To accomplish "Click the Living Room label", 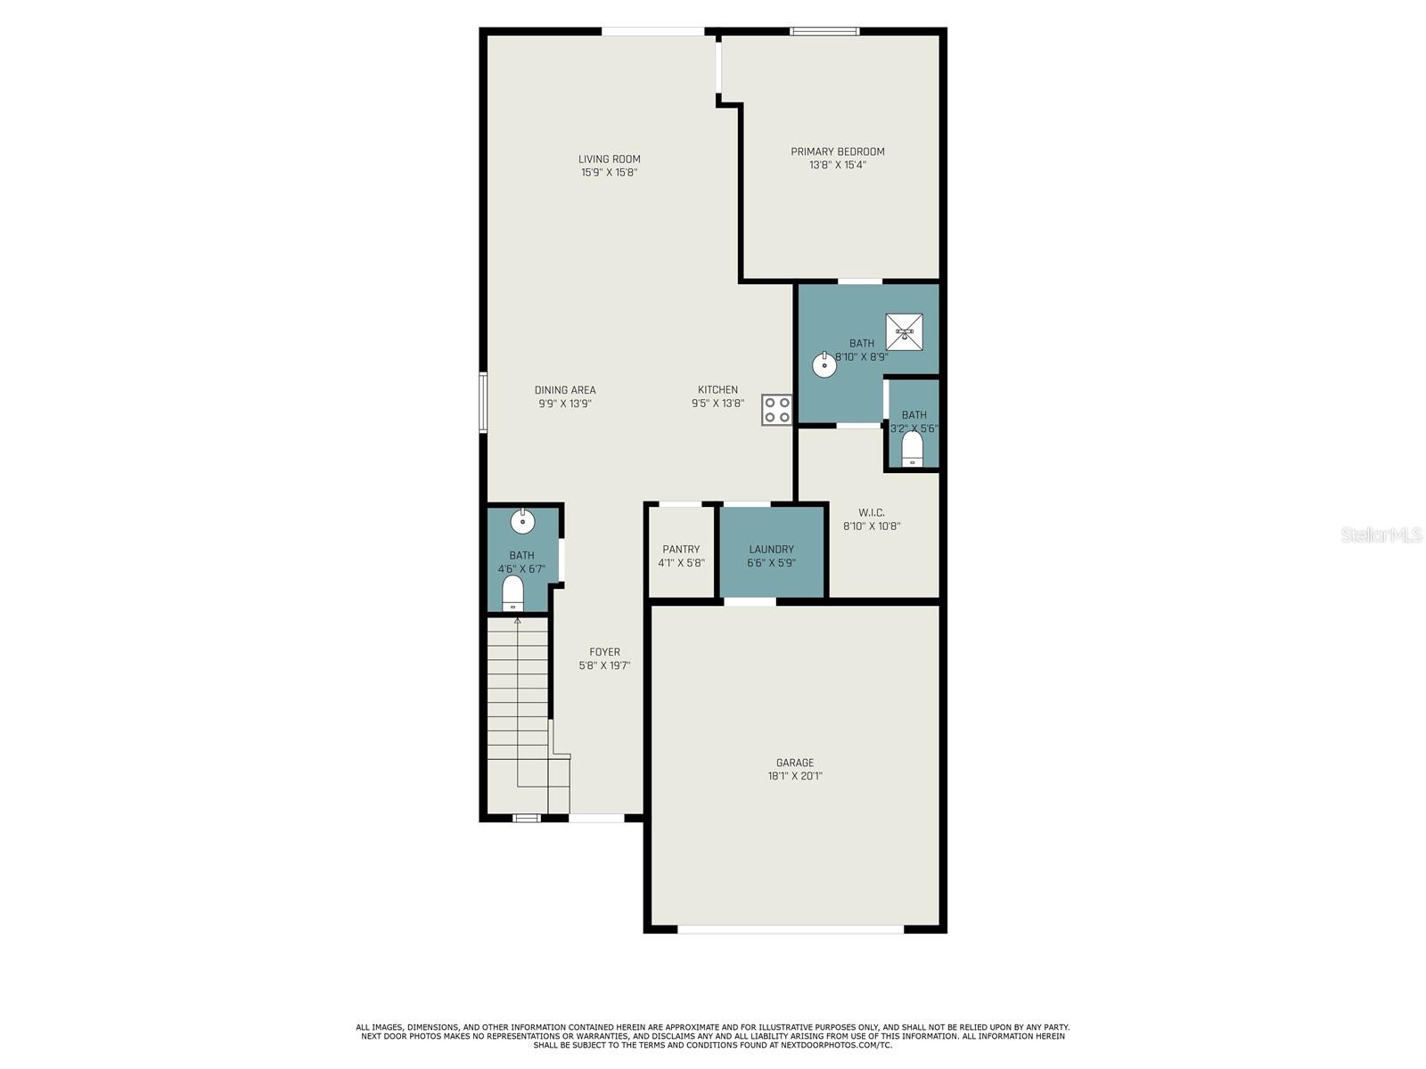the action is (x=609, y=159).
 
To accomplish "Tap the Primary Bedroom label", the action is (x=837, y=151).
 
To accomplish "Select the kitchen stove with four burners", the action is (x=776, y=410).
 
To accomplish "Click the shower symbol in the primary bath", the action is (x=904, y=331).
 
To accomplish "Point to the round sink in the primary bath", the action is (x=824, y=364).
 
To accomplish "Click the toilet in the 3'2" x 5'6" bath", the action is (x=912, y=448).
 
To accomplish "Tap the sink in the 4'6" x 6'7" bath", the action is (x=522, y=521).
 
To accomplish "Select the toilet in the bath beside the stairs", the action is (x=512, y=592).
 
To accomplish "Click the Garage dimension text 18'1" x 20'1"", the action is (x=794, y=776).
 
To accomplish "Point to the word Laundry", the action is (x=771, y=549).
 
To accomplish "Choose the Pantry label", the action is (x=681, y=549).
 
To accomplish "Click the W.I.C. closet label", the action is (x=871, y=513).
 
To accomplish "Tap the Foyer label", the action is (x=604, y=652).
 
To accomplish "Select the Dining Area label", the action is (x=564, y=390).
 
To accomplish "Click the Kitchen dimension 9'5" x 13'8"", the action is (x=717, y=403).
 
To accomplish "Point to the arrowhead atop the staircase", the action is (x=517, y=621).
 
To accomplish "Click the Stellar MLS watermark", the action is (x=1381, y=534).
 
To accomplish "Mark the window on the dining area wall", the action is (x=483, y=403).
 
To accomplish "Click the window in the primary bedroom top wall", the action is (x=824, y=31).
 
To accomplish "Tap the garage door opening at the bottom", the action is (x=790, y=929).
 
